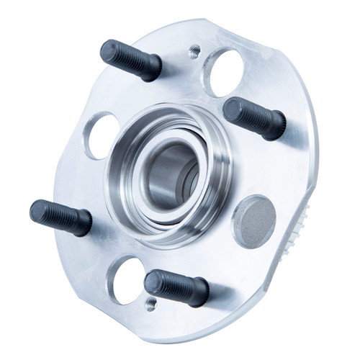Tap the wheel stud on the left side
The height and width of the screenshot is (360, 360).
pyautogui.click(x=60, y=217)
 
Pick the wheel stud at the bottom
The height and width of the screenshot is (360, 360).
pyautogui.click(x=176, y=287)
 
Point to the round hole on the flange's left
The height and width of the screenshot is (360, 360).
pyautogui.click(x=102, y=135)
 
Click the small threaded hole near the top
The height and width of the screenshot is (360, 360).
pyautogui.click(x=194, y=52)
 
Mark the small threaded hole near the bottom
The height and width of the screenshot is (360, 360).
pyautogui.click(x=150, y=304)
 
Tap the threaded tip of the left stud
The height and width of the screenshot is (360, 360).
pyautogui.click(x=40, y=211)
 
